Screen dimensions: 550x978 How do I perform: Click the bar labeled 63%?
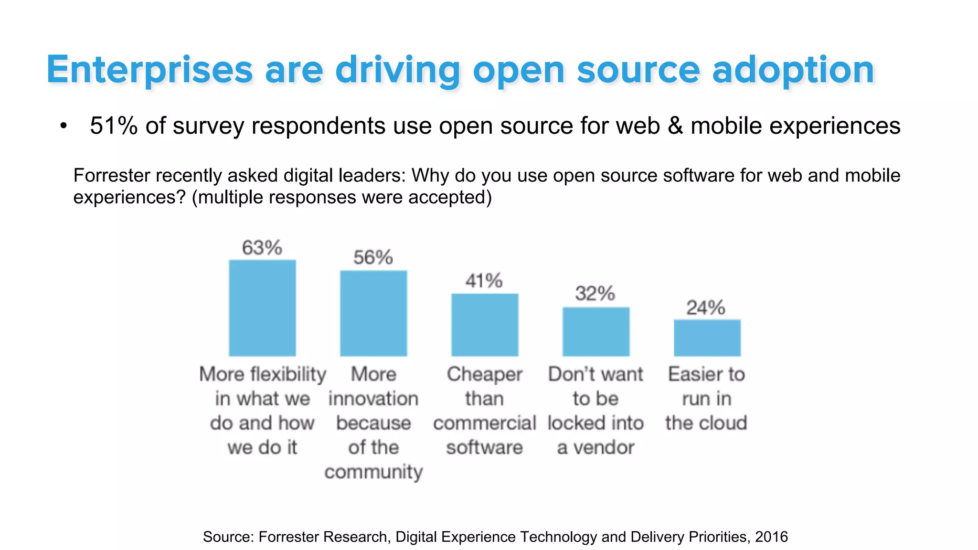[262, 308]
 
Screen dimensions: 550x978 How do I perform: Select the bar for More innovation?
[373, 313]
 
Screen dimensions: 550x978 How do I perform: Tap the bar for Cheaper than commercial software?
[485, 325]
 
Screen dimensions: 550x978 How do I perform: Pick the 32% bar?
[595, 331]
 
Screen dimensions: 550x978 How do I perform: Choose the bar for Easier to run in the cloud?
[707, 338]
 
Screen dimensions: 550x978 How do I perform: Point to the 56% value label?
[373, 257]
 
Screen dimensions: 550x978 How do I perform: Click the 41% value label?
[484, 281]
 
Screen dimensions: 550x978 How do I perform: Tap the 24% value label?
[706, 307]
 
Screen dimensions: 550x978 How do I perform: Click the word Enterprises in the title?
[149, 70]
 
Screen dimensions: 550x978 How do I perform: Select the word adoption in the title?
[793, 70]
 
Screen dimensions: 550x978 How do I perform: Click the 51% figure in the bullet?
[114, 126]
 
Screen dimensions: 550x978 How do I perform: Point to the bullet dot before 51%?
[64, 127]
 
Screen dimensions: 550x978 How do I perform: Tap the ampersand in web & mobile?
[675, 126]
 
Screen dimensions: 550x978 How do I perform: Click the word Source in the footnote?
[227, 537]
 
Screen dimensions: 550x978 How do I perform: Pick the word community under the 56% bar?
[373, 472]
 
